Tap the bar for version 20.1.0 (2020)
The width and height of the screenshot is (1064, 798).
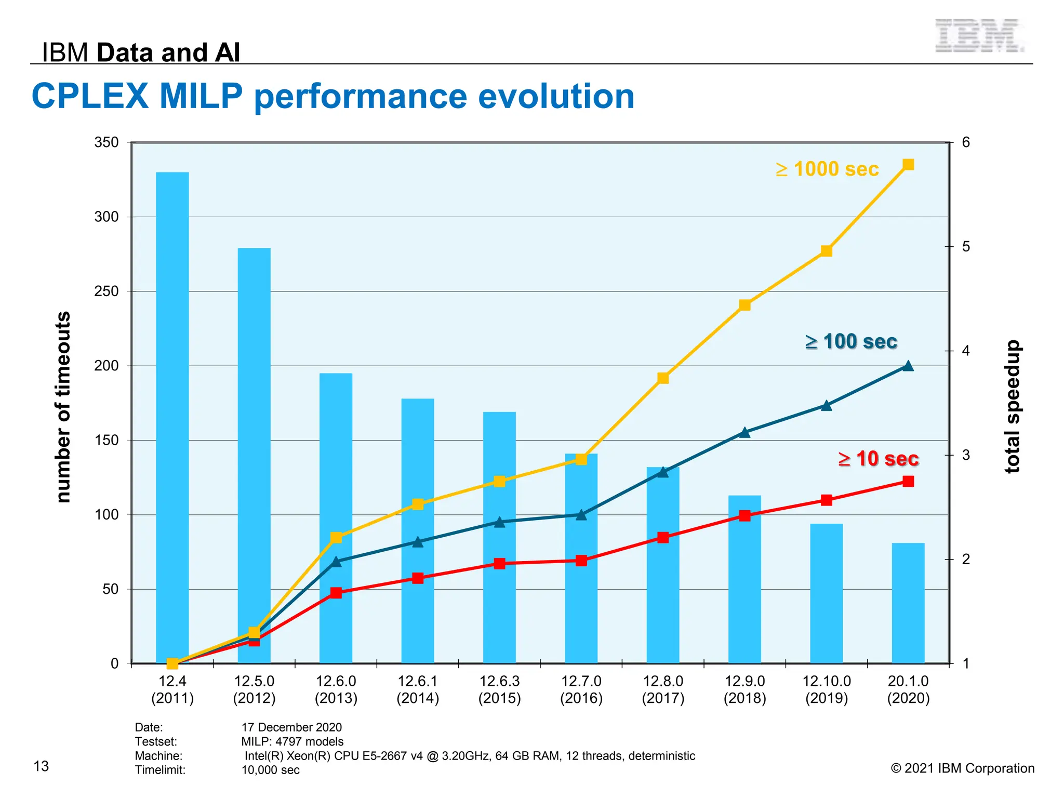tap(908, 603)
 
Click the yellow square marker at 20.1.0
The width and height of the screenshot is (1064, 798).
tap(908, 165)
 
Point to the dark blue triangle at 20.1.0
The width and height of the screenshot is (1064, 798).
tap(908, 366)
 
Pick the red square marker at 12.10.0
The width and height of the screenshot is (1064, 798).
tap(827, 500)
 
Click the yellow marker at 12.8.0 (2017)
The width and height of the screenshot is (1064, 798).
tap(663, 378)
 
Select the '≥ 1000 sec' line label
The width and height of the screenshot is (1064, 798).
tap(827, 169)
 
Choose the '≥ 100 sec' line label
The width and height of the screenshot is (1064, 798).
tap(851, 341)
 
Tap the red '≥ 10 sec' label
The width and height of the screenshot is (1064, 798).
tap(879, 459)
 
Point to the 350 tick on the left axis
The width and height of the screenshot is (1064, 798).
tap(107, 142)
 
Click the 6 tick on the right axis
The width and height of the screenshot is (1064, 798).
tap(966, 142)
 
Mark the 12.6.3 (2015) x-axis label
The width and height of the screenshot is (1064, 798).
tap(500, 689)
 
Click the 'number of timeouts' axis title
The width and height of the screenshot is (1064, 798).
tap(63, 407)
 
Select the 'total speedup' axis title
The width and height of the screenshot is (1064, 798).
tap(1013, 407)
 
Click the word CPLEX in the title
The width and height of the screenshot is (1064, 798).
tap(90, 96)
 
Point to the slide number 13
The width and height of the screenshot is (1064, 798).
tap(41, 766)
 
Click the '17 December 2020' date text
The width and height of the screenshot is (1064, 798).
tap(291, 727)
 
